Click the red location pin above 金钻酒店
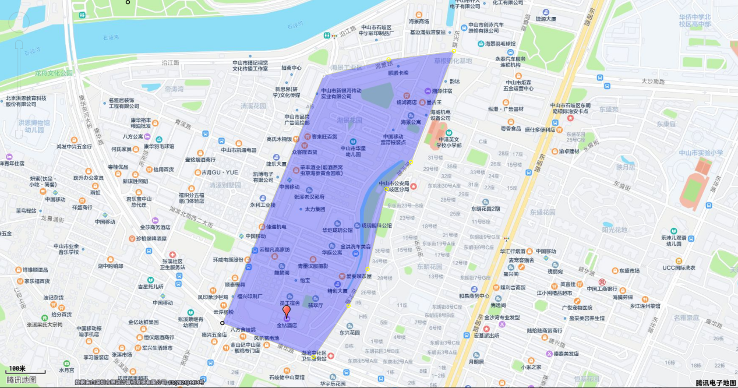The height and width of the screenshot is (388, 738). [286, 311]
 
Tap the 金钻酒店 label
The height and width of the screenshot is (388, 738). [287, 326]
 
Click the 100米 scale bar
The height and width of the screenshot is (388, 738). [26, 371]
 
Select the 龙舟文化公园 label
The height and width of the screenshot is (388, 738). [54, 73]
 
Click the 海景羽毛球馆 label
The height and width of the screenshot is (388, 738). [500, 44]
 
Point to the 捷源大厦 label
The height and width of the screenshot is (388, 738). [545, 19]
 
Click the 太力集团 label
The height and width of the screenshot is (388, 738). [315, 209]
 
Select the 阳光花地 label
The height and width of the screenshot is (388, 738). [615, 230]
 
